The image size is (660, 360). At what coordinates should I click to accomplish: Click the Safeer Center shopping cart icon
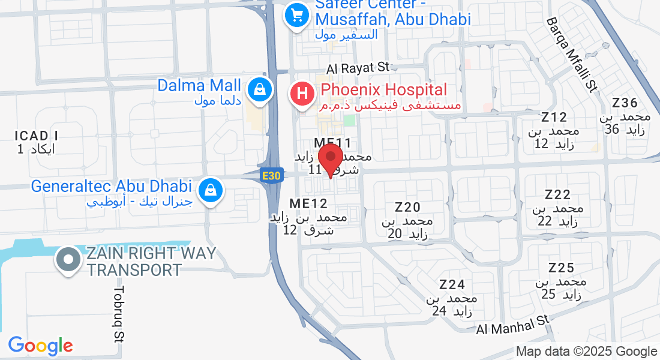pos(296,15)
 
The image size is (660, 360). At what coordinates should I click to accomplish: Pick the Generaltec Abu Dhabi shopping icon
pos(211,191)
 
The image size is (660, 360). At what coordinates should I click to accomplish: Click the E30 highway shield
pos(271,175)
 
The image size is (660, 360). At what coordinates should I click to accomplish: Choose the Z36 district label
pos(625,103)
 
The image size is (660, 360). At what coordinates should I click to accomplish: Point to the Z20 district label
pos(407,208)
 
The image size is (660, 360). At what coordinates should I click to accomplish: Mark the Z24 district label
pos(452,284)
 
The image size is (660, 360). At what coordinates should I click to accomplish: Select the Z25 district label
pos(561,268)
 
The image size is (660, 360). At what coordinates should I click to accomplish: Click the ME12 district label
pos(308,203)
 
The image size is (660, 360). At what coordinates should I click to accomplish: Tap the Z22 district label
pos(557,194)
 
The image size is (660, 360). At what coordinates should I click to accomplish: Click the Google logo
pos(40,346)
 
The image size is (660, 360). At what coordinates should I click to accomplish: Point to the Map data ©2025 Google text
pos(587,352)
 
